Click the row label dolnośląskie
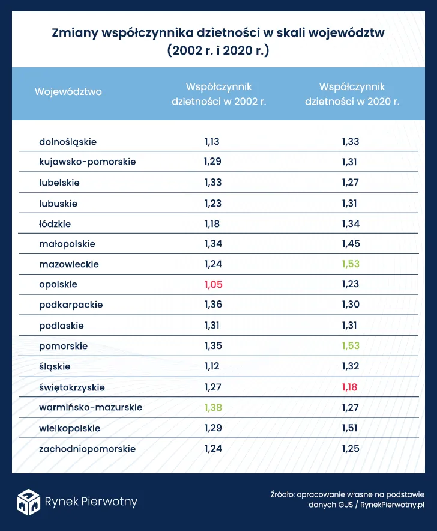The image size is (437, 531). click(x=67, y=142)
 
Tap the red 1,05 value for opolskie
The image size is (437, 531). click(x=212, y=284)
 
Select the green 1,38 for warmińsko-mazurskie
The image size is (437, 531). click(x=212, y=407)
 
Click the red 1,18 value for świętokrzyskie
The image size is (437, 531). click(x=350, y=387)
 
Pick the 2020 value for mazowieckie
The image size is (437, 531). click(x=350, y=264)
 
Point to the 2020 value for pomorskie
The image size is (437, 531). click(x=350, y=346)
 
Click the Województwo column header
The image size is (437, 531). click(x=68, y=92)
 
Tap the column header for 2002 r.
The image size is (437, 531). click(x=218, y=94)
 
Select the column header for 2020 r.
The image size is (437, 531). click(x=352, y=94)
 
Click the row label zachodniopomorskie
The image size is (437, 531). click(x=87, y=449)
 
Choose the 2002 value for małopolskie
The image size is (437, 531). click(x=212, y=244)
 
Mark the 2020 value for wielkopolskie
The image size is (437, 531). click(x=350, y=428)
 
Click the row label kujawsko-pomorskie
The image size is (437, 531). click(x=87, y=162)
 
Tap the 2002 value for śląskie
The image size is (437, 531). click(x=212, y=366)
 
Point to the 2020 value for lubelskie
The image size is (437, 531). click(x=350, y=182)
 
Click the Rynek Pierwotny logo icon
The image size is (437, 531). click(x=28, y=502)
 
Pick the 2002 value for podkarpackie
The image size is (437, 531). click(x=212, y=305)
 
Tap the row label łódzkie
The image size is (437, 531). click(x=55, y=223)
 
